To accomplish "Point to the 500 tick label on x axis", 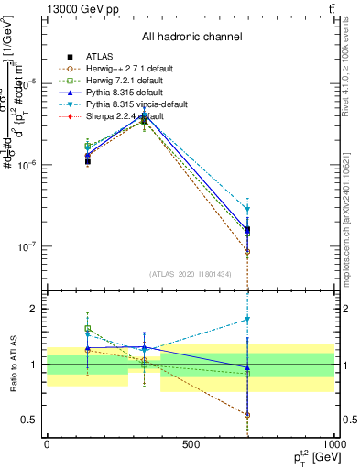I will click(x=191, y=444).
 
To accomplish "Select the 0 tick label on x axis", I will click(x=47, y=444).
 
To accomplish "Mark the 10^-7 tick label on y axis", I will click(x=27, y=246).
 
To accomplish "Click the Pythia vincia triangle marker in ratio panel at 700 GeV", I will click(x=247, y=320).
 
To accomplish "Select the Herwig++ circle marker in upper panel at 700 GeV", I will click(x=247, y=251).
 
